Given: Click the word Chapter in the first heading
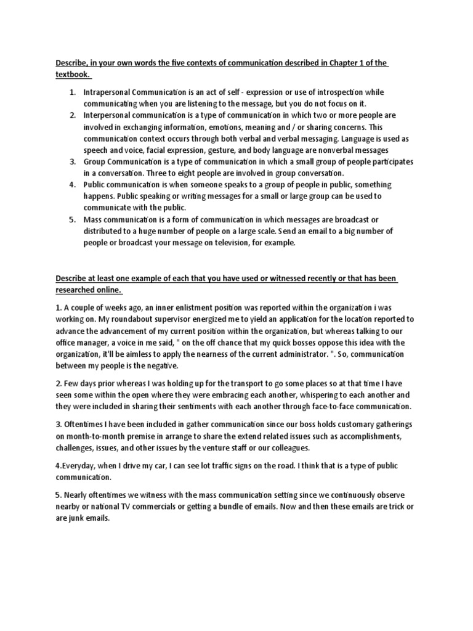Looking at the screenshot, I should pyautogui.click(x=346, y=63).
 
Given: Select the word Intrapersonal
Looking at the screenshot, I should pyautogui.click(x=110, y=92).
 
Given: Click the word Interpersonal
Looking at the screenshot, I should pyautogui.click(x=110, y=115).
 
